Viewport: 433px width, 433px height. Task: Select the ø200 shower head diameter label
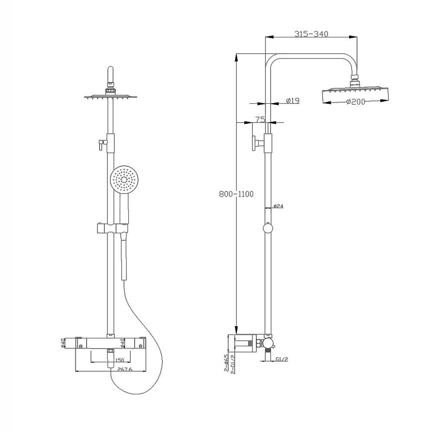(356, 102)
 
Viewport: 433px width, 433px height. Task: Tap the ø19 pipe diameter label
(293, 101)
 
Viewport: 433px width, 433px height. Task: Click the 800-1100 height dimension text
(236, 194)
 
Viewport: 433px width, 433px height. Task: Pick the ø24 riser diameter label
(278, 206)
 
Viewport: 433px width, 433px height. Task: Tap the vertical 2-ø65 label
(226, 363)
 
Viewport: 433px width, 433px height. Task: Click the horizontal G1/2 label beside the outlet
(281, 359)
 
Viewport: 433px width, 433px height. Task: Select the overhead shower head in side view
(355, 96)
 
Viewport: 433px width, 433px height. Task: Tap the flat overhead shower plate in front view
(110, 97)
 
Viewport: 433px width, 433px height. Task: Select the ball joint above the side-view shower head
(355, 79)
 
